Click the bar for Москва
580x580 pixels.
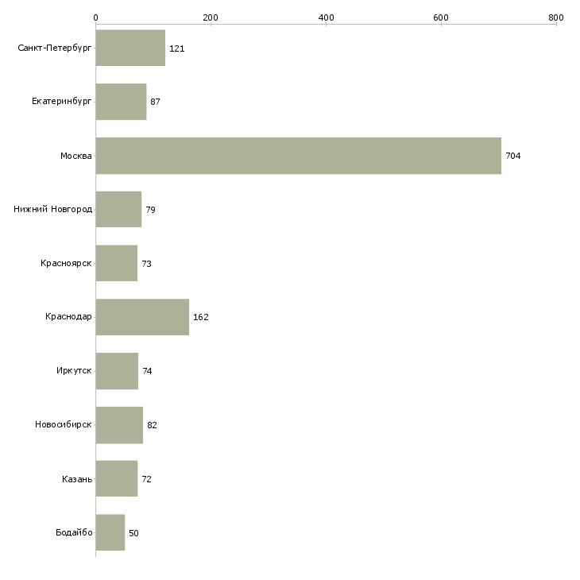pos(299,156)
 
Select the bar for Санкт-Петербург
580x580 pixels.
pos(130,48)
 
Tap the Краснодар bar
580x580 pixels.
pos(142,317)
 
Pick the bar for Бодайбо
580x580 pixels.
pos(110,532)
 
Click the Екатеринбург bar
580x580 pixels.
pos(121,102)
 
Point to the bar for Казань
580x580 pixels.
pos(117,478)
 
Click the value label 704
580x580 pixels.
pos(513,156)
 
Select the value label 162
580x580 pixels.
pos(201,317)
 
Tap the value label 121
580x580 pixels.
pos(177,48)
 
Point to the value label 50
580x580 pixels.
pos(133,533)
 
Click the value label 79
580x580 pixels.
pos(150,210)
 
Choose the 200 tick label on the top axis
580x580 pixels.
pos(211,17)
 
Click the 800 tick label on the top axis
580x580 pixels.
pos(556,17)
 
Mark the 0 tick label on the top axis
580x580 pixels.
pos(95,17)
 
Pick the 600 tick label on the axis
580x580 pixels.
pos(440,17)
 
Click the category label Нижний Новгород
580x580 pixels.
pos(53,209)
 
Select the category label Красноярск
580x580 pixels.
pos(66,263)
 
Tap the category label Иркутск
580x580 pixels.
pos(74,370)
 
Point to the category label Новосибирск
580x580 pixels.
pos(64,424)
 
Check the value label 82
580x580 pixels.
pos(152,425)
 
